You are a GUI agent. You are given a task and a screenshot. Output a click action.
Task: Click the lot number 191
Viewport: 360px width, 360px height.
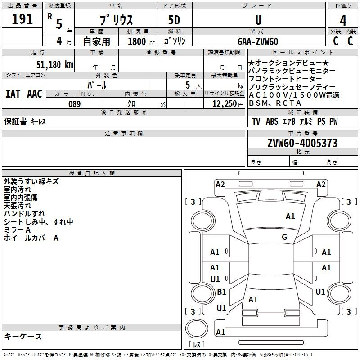[22, 18]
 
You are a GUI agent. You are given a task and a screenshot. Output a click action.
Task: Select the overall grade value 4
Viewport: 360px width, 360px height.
[343, 21]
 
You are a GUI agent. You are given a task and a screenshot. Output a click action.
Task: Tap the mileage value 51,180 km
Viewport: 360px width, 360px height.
[55, 64]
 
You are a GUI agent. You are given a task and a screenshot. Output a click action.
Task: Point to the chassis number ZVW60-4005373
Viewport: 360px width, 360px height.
[302, 143]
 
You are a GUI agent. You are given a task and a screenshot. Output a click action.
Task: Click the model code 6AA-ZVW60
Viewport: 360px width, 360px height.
[258, 41]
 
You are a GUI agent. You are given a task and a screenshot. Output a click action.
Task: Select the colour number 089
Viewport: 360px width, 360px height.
[75, 104]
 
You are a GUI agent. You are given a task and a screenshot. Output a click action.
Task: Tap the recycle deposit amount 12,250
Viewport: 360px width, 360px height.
[225, 104]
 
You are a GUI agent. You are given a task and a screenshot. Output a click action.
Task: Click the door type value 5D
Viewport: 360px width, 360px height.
[174, 20]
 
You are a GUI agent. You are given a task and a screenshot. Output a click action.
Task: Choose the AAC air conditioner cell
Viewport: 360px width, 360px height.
[35, 94]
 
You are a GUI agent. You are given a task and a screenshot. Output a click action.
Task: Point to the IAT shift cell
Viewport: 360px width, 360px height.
[13, 94]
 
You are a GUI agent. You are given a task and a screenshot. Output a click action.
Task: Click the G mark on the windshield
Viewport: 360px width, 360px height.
[284, 237]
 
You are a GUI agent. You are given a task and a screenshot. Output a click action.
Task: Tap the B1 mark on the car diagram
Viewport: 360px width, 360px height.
[221, 292]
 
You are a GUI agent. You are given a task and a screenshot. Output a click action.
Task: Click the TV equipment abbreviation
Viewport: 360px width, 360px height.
[256, 121]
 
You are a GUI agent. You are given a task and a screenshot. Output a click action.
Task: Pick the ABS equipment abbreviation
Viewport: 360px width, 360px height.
[272, 121]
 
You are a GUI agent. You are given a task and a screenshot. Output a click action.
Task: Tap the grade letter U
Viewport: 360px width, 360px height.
[258, 20]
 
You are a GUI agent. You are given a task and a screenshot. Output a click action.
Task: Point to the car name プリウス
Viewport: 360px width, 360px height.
[116, 20]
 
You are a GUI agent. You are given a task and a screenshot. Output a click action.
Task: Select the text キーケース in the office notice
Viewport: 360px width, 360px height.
[23, 336]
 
